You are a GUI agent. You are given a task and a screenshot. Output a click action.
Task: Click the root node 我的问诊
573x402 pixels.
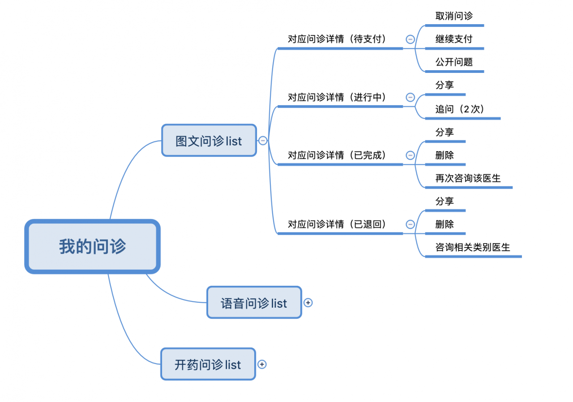[x=92, y=246]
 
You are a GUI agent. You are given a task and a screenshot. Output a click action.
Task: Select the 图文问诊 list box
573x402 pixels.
[x=209, y=141]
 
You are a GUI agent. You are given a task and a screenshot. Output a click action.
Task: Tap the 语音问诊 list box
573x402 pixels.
[x=254, y=303]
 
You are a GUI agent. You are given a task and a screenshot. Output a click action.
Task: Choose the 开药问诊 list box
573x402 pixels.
[x=208, y=364]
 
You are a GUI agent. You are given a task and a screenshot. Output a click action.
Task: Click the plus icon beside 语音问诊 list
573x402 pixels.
[x=308, y=303]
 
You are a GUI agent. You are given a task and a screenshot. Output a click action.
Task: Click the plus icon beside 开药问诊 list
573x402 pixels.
[x=262, y=364]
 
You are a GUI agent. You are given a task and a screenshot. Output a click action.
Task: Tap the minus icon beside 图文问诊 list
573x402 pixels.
[x=263, y=141]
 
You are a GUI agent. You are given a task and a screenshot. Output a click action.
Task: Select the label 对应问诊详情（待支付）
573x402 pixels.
[x=337, y=39]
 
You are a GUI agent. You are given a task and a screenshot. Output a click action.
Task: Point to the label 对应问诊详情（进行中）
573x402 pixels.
[x=337, y=97]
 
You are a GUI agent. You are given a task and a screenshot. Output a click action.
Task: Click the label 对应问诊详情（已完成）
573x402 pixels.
[x=337, y=155]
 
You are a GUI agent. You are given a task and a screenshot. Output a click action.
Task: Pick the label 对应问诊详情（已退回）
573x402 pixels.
[x=337, y=224]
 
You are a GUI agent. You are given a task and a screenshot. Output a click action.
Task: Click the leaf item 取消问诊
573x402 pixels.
[x=454, y=16]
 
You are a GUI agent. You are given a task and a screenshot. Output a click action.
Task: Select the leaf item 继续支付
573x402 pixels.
[x=454, y=39]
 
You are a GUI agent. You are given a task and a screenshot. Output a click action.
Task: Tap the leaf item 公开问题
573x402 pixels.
[x=454, y=62]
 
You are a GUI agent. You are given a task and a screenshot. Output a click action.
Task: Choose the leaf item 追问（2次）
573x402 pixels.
[x=460, y=109]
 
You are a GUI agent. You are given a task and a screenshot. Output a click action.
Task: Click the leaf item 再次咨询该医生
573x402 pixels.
[x=468, y=178]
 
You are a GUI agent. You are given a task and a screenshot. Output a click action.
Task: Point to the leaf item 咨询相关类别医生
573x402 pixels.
[x=473, y=247]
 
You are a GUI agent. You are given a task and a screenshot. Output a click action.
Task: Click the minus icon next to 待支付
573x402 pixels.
[x=410, y=39]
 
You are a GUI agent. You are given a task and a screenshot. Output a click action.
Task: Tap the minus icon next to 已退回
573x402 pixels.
[x=410, y=224]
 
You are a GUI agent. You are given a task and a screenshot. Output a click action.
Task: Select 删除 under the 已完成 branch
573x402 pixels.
[x=445, y=155]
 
